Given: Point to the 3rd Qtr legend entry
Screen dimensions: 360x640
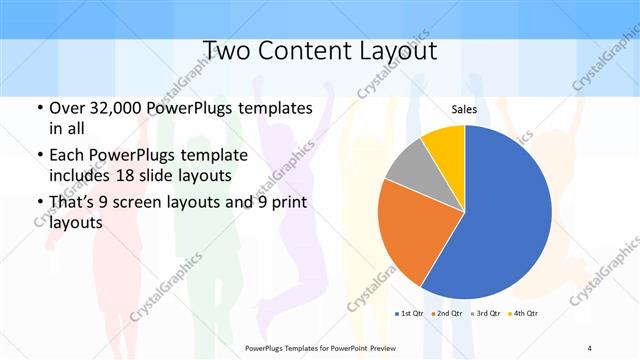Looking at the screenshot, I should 487,314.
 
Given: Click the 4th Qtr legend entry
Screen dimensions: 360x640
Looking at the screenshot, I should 525,314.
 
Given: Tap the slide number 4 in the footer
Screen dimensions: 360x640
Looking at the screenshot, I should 590,347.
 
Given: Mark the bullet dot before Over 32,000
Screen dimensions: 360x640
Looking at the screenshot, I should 39,109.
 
